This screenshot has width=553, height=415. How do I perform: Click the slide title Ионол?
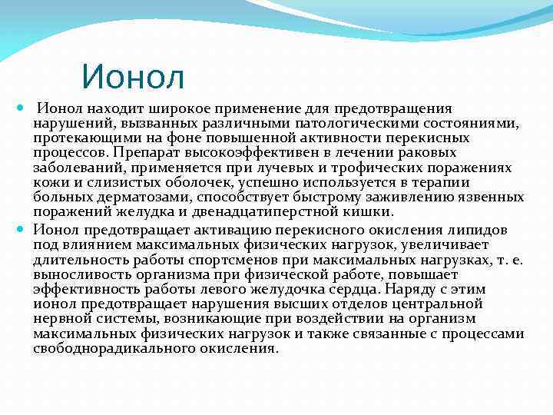click(x=133, y=77)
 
